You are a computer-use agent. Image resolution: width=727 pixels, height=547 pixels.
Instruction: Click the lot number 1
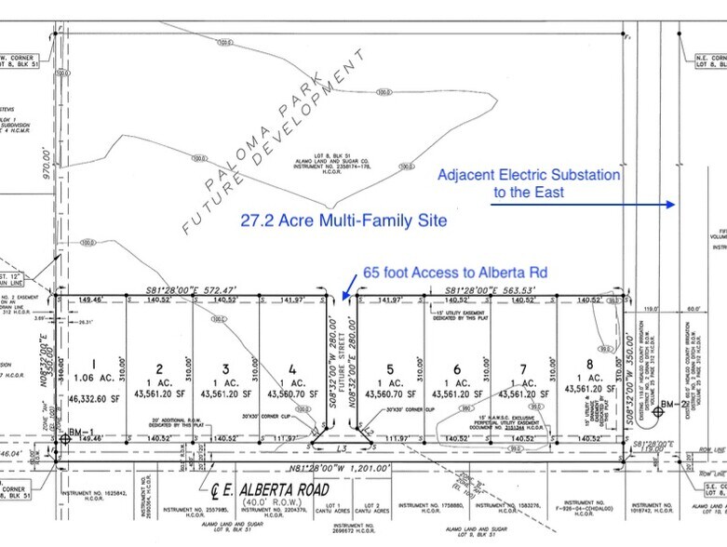(x=92, y=365)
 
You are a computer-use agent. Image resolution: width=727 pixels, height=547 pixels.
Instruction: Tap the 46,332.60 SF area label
(x=93, y=397)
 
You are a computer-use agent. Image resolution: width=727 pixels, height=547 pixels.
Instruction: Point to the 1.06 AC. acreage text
(x=92, y=380)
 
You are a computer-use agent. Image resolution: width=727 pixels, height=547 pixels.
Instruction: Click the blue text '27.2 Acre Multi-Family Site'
(x=329, y=220)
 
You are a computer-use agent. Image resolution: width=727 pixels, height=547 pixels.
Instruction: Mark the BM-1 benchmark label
(x=79, y=434)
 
